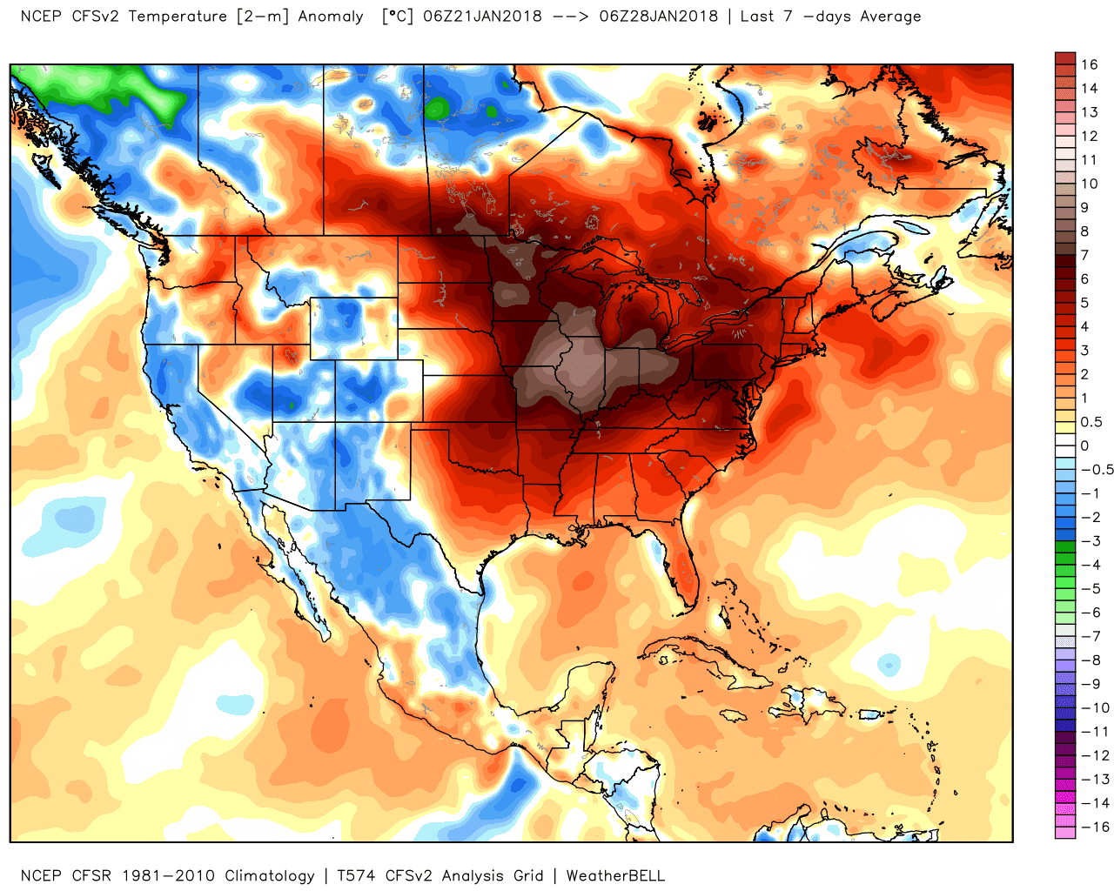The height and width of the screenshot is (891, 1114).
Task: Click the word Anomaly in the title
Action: [331, 16]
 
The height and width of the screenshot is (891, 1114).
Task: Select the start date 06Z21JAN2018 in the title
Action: [482, 16]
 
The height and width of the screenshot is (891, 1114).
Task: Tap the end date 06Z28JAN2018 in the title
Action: [659, 16]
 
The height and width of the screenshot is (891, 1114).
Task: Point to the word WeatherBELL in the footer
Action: [615, 875]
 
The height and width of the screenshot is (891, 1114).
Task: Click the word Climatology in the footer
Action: [270, 875]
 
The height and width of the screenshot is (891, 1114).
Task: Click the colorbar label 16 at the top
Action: [1090, 64]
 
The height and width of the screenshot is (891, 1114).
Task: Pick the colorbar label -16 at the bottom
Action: [1095, 827]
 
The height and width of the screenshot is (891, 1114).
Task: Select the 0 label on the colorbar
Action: [1084, 445]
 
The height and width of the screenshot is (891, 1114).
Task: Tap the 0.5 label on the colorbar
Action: [1091, 422]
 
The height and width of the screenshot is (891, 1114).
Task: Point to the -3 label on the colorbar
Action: [1091, 541]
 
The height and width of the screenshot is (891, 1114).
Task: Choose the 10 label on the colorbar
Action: [1090, 184]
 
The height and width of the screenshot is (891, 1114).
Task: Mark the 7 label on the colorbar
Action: [1084, 255]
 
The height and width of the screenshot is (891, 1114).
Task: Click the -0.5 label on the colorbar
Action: [1097, 470]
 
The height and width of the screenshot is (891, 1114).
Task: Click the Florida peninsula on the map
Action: [684, 570]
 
